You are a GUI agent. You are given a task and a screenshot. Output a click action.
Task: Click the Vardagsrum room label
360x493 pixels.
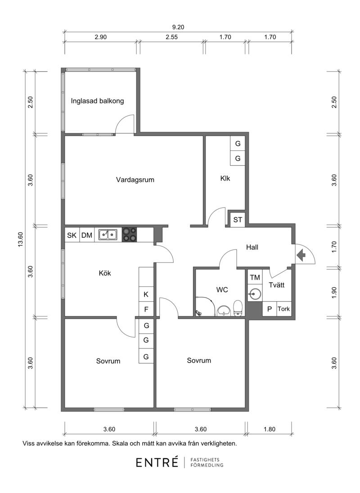pyautogui.click(x=135, y=180)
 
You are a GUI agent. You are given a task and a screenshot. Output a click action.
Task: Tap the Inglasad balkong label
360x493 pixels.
pyautogui.click(x=97, y=101)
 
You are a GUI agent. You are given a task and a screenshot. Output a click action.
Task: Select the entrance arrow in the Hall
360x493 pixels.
pyautogui.click(x=301, y=255)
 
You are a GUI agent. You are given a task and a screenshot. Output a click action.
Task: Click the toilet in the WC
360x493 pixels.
pyautogui.click(x=238, y=308)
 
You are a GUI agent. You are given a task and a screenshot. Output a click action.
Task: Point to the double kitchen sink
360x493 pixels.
pyautogui.click(x=108, y=235)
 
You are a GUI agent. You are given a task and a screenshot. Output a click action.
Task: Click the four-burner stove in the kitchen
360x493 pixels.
pyautogui.click(x=130, y=235)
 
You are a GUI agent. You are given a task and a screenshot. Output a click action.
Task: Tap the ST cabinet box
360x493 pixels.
pyautogui.click(x=238, y=220)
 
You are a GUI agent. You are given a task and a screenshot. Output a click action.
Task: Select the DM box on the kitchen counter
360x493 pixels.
pyautogui.click(x=87, y=235)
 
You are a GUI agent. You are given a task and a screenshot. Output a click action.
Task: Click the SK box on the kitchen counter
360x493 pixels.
pyautogui.click(x=72, y=235)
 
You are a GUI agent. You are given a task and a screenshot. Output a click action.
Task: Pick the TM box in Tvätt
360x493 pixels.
pyautogui.click(x=255, y=278)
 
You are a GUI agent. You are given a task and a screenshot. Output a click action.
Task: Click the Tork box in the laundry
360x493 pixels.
pyautogui.click(x=283, y=309)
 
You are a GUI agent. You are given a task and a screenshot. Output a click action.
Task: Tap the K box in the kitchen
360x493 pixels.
pyautogui.click(x=146, y=294)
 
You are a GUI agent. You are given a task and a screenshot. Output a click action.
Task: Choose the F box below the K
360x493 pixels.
pyautogui.click(x=146, y=309)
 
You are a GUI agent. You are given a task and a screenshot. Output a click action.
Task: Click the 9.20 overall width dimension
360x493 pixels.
pyautogui.click(x=178, y=27)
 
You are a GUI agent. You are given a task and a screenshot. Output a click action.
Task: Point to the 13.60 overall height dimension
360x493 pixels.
pyautogui.click(x=21, y=240)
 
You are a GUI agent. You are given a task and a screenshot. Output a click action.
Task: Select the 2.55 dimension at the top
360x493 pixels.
pyautogui.click(x=171, y=37)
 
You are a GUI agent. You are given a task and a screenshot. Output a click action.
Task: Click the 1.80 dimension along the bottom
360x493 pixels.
pyautogui.click(x=270, y=429)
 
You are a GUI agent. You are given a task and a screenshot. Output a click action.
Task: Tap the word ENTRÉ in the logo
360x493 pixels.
pyautogui.click(x=157, y=462)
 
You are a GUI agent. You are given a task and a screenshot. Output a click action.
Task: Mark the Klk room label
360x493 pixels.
pyautogui.click(x=225, y=178)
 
